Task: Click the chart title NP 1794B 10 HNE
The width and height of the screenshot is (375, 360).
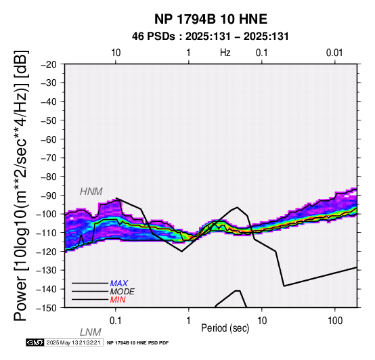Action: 211,19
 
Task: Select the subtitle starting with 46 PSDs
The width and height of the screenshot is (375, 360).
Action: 211,37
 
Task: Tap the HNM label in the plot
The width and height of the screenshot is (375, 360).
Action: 91,192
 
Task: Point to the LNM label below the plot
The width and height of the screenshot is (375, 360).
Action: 91,332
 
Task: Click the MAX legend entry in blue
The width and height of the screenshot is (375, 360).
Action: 119,284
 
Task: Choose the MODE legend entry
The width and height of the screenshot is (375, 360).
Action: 123,292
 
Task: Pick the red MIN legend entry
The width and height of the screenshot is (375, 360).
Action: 118,300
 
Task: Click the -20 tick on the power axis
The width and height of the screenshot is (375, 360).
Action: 49,64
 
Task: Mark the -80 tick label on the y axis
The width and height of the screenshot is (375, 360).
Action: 49,177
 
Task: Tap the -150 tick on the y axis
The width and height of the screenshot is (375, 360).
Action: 47,308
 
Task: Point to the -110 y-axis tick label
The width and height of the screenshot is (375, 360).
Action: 47,233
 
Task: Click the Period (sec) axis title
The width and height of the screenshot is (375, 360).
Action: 225,328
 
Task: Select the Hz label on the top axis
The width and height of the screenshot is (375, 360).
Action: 225,53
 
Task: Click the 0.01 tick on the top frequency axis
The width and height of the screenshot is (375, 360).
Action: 334,53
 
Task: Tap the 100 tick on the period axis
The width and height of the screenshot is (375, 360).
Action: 335,321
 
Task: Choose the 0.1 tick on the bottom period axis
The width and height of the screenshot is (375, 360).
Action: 116,321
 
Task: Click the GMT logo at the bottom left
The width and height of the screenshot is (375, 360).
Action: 35,342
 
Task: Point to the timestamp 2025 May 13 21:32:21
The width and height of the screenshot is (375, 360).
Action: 73,342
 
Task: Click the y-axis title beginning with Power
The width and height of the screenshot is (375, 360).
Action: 21,185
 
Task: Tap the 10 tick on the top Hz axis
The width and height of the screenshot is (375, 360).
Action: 116,53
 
